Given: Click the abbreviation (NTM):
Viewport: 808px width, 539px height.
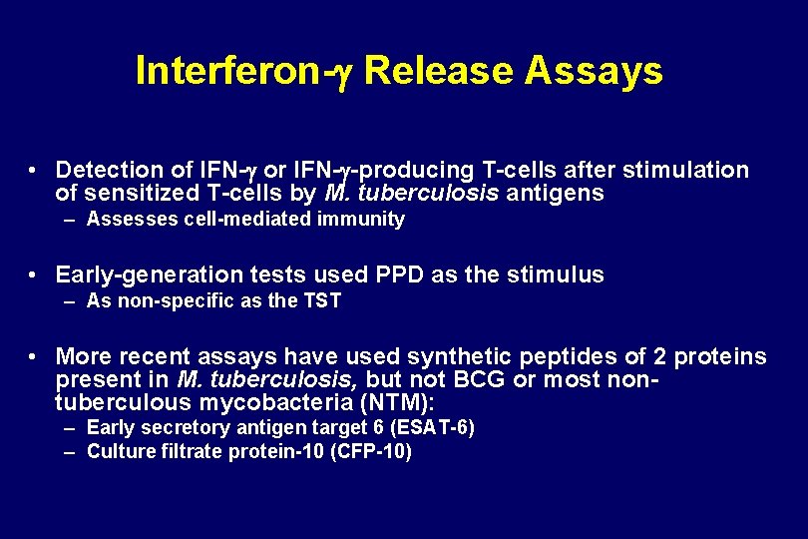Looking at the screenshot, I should [x=396, y=403].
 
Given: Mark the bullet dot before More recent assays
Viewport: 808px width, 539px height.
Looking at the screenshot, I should [x=34, y=357].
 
